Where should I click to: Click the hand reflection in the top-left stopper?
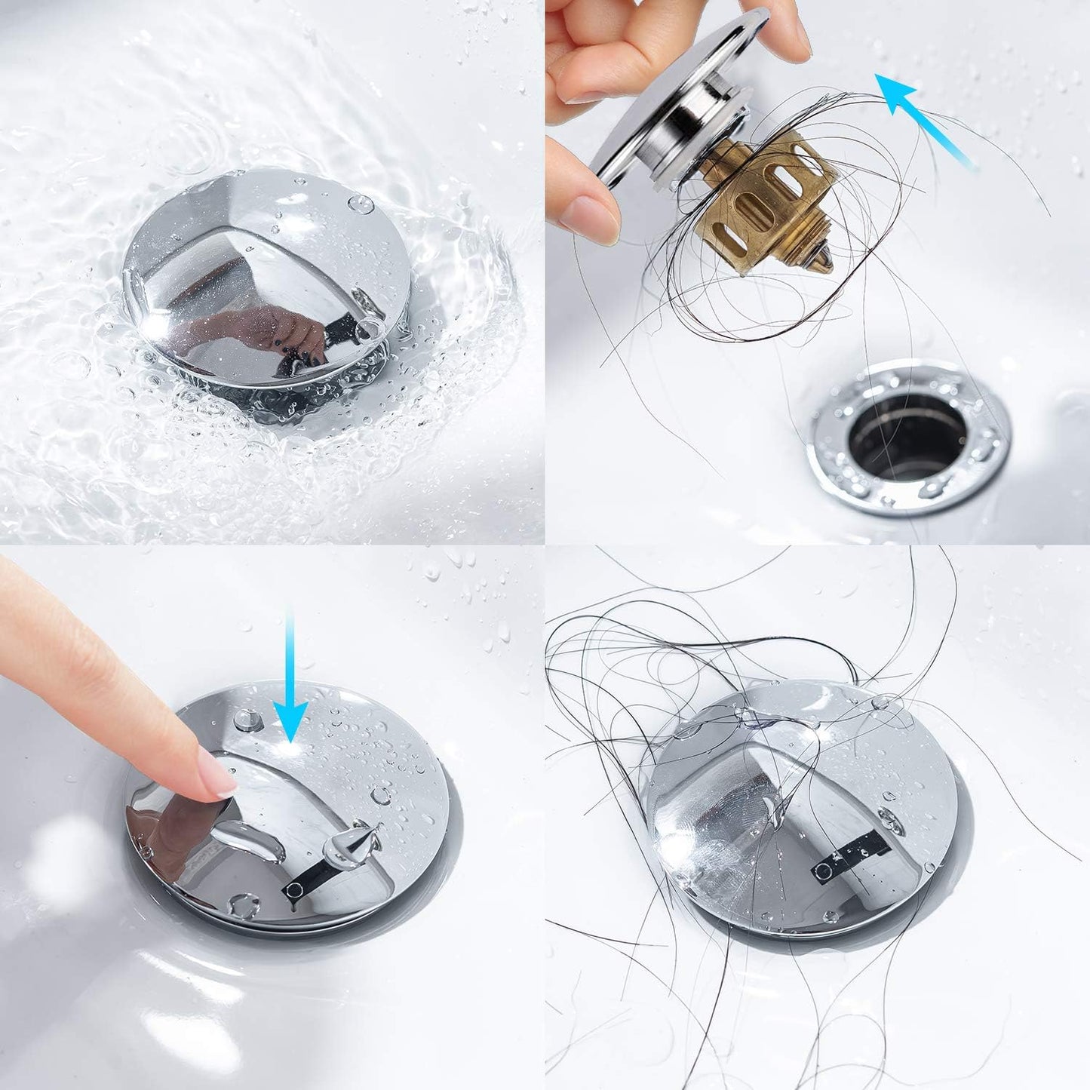tap(279, 332)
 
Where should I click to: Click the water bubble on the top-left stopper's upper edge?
tap(360, 204)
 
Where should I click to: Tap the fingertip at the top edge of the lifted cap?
tap(784, 30)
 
